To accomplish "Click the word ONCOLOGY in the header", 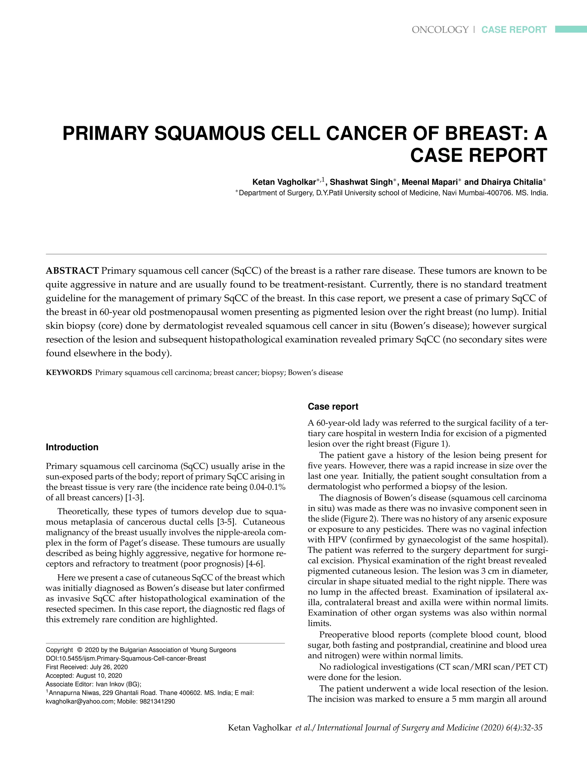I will click(x=440, y=30).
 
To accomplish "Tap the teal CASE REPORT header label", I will click(x=514, y=30).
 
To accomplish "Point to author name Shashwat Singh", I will click(x=361, y=182).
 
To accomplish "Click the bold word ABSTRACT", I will click(x=72, y=271).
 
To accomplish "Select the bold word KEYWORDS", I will click(x=69, y=373).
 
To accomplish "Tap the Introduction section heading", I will click(x=72, y=447).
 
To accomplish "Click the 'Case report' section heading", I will click(x=333, y=407).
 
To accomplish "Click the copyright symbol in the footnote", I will click(x=80, y=650).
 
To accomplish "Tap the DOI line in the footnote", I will click(x=126, y=658).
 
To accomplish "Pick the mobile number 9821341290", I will click(x=158, y=701).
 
